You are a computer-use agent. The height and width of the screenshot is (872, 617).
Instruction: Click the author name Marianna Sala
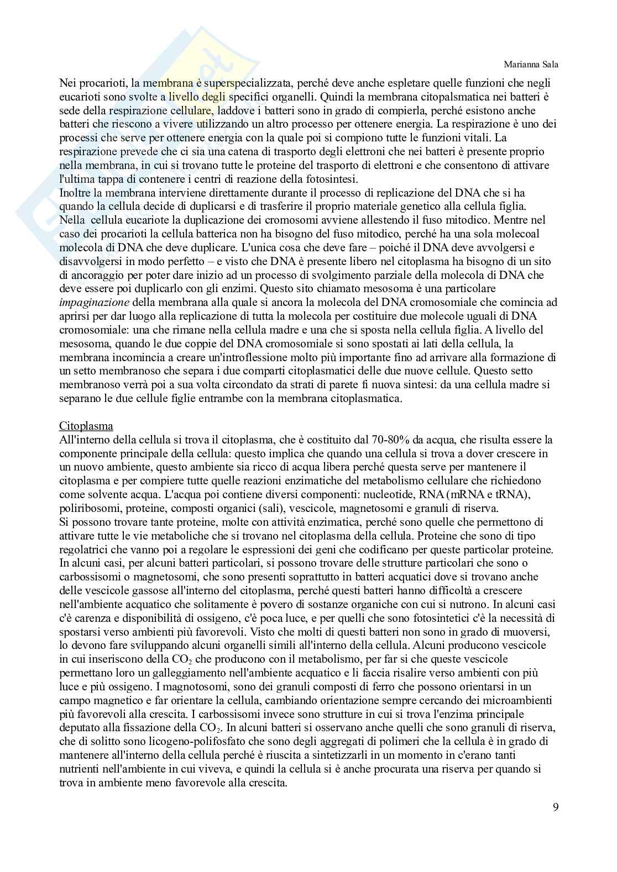531,64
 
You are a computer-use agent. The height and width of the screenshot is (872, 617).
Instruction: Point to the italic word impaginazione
94,302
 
